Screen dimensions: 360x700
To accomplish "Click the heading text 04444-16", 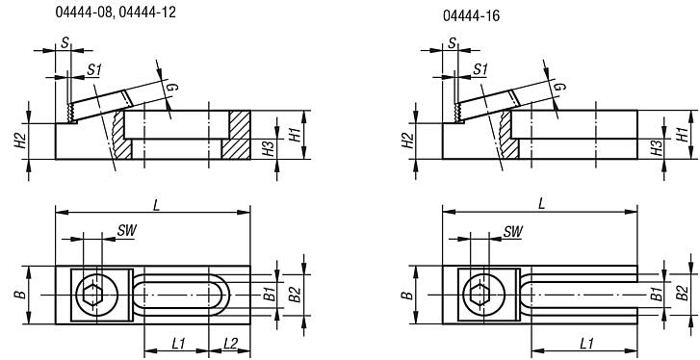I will (472, 16).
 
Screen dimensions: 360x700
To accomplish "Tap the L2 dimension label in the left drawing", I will (230, 344).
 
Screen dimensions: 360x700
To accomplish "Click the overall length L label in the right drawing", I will (542, 202).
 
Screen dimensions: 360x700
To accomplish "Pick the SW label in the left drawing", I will (125, 231).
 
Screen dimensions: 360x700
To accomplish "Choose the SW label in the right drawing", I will (513, 231).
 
